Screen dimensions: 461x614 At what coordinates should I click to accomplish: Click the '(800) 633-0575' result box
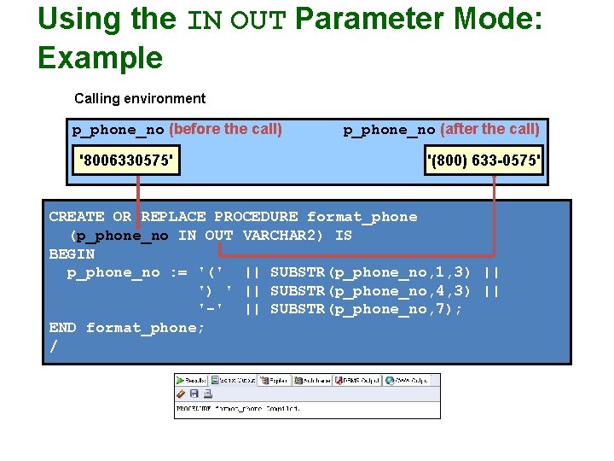click(484, 160)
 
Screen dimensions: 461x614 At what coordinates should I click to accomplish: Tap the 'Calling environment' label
click(140, 99)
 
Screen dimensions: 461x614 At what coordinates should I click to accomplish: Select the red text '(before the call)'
click(225, 130)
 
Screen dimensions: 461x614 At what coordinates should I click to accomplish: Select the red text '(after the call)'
click(489, 130)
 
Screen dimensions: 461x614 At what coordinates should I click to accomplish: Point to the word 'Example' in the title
click(100, 58)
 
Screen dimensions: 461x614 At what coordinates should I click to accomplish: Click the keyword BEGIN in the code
click(72, 254)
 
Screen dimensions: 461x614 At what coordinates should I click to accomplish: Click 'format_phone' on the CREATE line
click(362, 217)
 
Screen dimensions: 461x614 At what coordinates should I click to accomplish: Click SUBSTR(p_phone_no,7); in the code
click(367, 309)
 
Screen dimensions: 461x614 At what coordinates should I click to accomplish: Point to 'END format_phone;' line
click(127, 328)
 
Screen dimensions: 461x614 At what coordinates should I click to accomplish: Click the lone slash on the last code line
click(54, 347)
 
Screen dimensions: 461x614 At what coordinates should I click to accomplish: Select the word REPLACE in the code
click(173, 217)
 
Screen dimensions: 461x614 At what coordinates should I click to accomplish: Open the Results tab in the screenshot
click(192, 380)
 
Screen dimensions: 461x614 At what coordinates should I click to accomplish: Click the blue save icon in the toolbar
click(194, 394)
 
